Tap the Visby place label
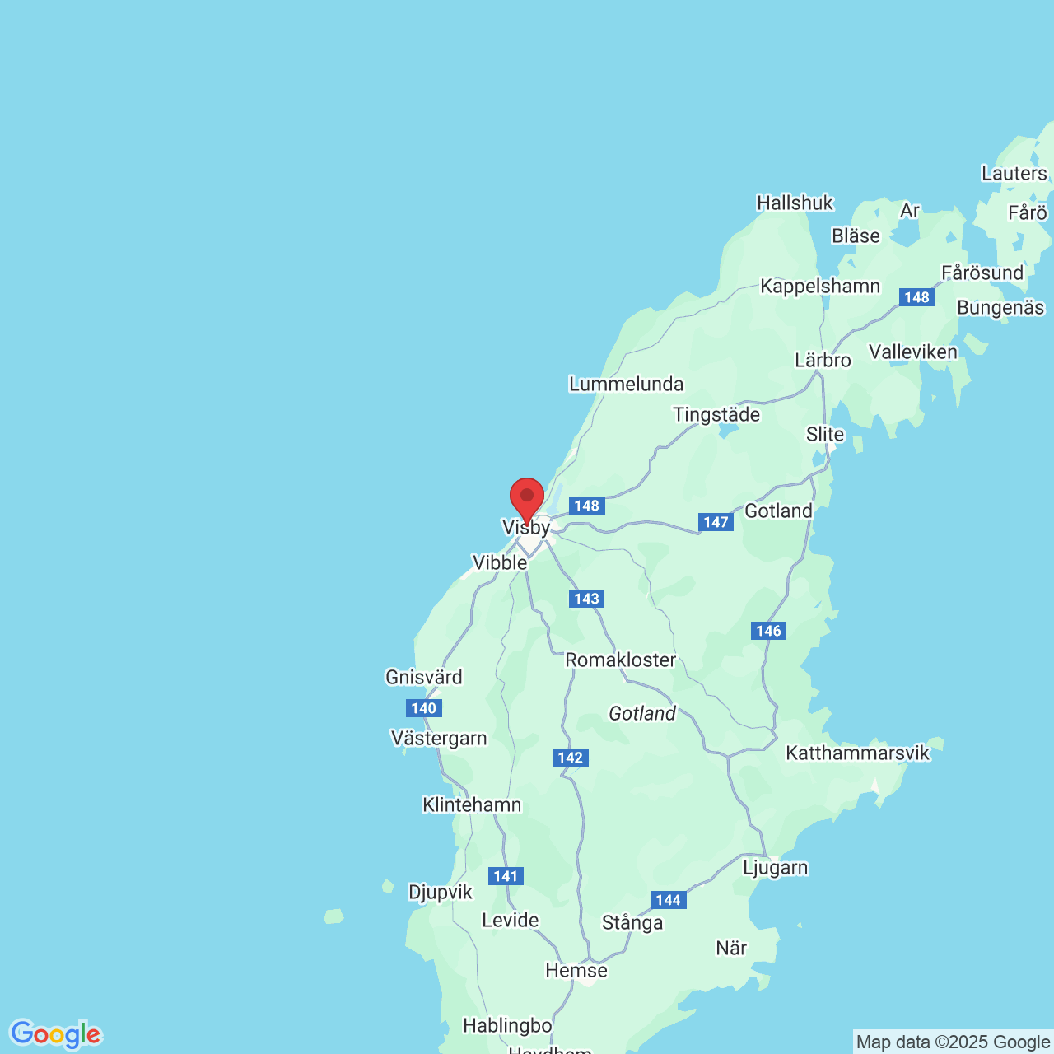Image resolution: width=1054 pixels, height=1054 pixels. [x=526, y=527]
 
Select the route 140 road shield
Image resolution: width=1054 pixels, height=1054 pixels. [x=424, y=708]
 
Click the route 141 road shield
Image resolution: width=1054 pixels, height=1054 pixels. [x=506, y=876]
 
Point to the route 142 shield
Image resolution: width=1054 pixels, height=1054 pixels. [x=571, y=758]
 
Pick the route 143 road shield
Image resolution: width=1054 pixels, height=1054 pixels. [x=586, y=599]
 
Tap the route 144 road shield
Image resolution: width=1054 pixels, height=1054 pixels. [x=668, y=900]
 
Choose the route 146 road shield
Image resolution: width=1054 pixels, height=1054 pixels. [x=768, y=631]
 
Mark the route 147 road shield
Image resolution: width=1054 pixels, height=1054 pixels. [x=716, y=522]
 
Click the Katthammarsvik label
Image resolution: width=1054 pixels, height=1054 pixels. [x=857, y=753]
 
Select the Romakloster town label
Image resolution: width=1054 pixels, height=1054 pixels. [x=620, y=660]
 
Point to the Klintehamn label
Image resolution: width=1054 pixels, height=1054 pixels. [x=472, y=804]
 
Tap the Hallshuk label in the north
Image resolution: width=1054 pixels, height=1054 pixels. [x=795, y=203]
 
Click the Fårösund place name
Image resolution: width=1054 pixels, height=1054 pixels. [x=982, y=273]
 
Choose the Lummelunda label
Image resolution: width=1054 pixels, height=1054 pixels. [x=626, y=384]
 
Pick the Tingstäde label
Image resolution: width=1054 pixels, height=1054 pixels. [x=716, y=414]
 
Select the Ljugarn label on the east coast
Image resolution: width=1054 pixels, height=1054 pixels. [x=775, y=867]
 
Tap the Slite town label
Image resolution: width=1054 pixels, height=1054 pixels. [x=825, y=434]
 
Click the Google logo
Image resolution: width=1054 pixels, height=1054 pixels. [x=55, y=1034]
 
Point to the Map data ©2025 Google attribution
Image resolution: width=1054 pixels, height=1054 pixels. [x=953, y=1042]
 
